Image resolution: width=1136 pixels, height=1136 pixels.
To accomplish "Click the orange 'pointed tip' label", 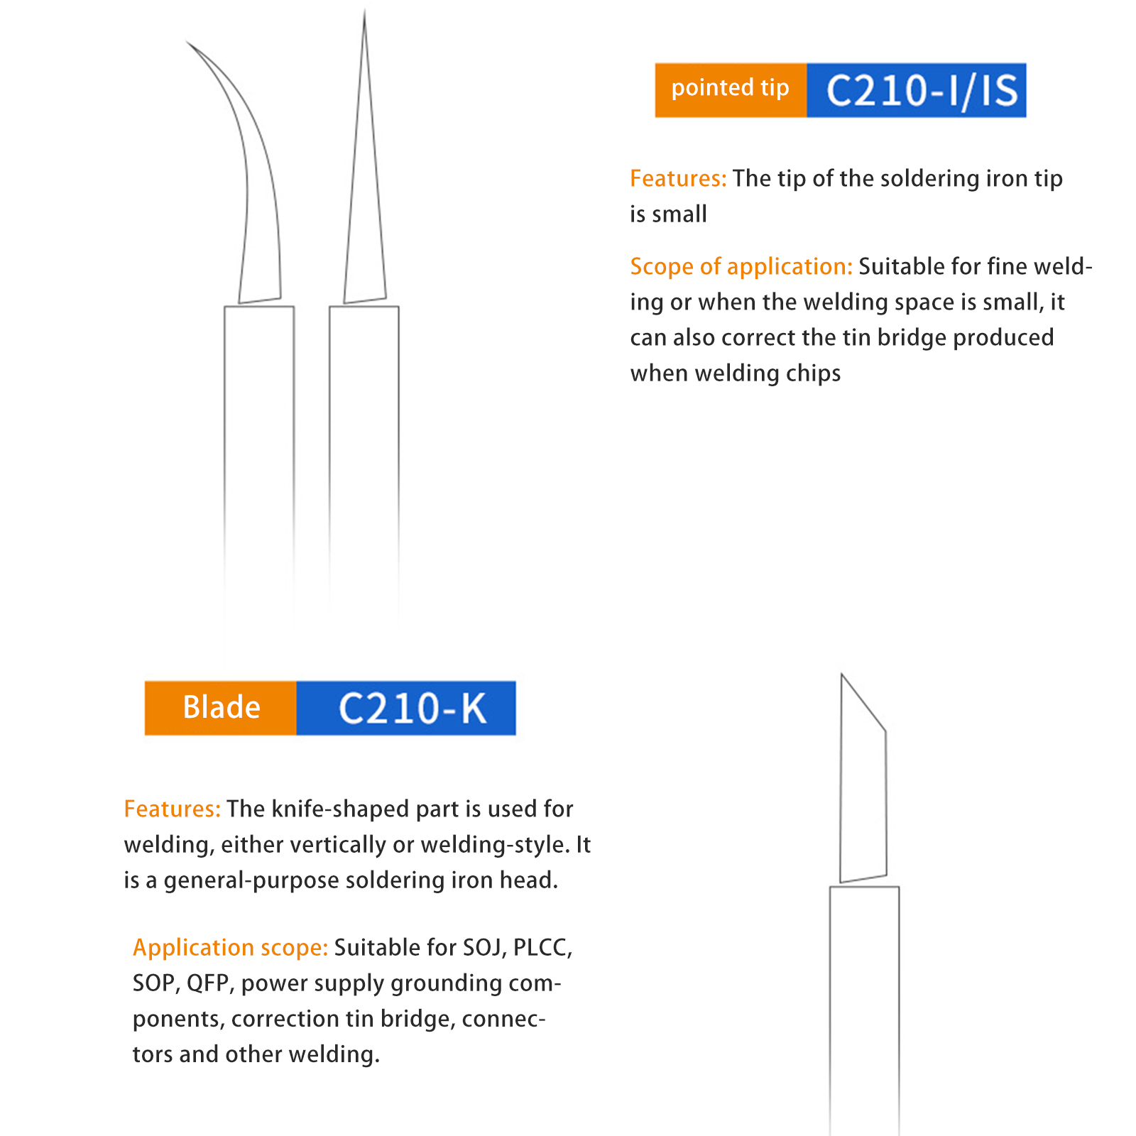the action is (x=731, y=90).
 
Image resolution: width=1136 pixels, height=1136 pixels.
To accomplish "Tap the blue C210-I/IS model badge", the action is (x=917, y=90).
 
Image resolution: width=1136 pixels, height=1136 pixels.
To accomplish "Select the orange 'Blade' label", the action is (x=221, y=708).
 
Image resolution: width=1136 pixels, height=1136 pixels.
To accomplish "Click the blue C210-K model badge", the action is (x=406, y=708).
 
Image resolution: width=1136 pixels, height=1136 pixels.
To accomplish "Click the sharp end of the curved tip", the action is (x=187, y=41).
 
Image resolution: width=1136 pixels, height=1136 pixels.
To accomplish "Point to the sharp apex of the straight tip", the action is (x=365, y=9).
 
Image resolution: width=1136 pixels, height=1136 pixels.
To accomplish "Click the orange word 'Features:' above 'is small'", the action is (x=678, y=178).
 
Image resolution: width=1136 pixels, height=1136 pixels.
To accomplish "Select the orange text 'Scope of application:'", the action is (x=741, y=266).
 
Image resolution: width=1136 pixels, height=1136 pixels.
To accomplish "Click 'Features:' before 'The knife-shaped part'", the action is (x=173, y=809).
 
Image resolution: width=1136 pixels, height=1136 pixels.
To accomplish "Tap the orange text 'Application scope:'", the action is (x=230, y=948).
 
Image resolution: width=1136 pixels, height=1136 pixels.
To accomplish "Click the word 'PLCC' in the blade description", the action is (x=542, y=948).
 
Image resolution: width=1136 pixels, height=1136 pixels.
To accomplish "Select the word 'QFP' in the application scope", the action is (x=208, y=983).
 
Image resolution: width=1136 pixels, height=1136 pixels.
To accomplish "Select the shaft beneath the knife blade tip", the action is (x=864, y=1008).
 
